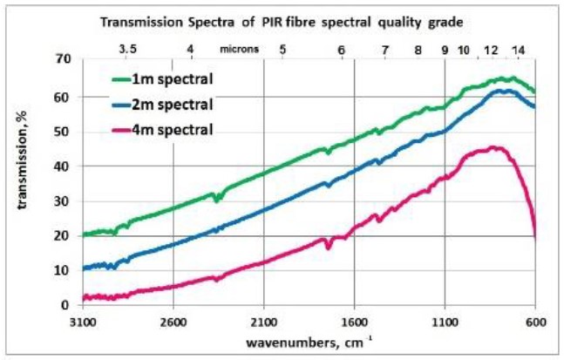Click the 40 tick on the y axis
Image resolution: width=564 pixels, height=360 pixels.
click(x=62, y=166)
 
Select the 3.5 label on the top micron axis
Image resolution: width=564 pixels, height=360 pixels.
click(x=128, y=49)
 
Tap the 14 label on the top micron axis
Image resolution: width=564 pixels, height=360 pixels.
click(x=520, y=49)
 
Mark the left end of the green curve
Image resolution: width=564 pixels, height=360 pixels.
click(x=84, y=234)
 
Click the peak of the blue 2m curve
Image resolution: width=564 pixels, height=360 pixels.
click(x=500, y=90)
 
